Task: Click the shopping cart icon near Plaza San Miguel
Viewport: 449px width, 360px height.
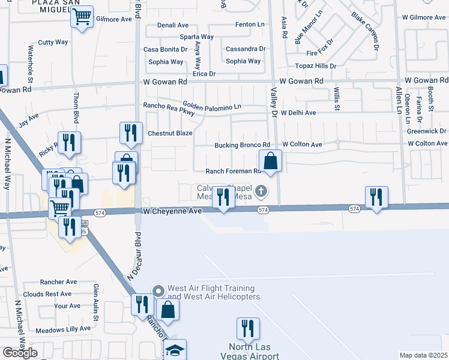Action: (x=82, y=16)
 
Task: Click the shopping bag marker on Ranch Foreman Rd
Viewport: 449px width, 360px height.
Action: (x=270, y=161)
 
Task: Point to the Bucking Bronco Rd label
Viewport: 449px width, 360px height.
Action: (x=243, y=145)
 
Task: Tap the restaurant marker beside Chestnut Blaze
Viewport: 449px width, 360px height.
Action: (x=130, y=133)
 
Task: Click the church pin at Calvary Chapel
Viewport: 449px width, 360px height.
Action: (x=261, y=192)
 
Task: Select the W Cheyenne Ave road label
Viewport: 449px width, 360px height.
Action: (x=172, y=211)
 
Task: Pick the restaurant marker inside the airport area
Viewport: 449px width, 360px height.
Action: (x=247, y=329)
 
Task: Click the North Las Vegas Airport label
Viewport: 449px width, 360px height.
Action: (x=253, y=352)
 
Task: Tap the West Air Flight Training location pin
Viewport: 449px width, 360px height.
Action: (x=158, y=291)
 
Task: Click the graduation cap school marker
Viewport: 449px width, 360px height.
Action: (x=175, y=350)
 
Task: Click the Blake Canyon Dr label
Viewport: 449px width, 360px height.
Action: (x=367, y=30)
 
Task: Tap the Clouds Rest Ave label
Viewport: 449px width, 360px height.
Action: (x=47, y=294)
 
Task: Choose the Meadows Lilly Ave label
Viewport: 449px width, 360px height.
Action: (x=62, y=329)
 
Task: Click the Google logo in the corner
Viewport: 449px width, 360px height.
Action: (x=19, y=353)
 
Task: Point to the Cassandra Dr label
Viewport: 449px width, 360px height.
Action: (x=246, y=49)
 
